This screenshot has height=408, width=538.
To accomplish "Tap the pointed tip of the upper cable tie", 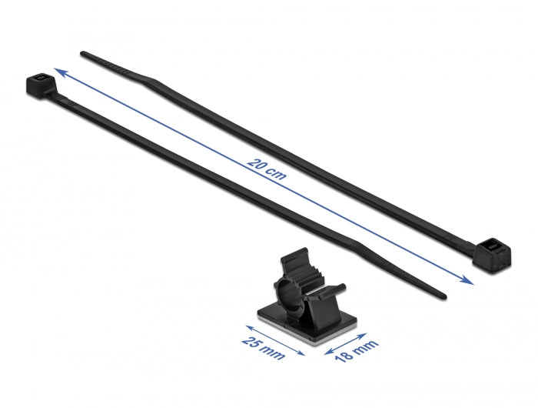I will [83, 53].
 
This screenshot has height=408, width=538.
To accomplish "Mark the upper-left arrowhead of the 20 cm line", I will [55, 71].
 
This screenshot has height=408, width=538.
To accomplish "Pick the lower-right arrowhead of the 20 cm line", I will [469, 282].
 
